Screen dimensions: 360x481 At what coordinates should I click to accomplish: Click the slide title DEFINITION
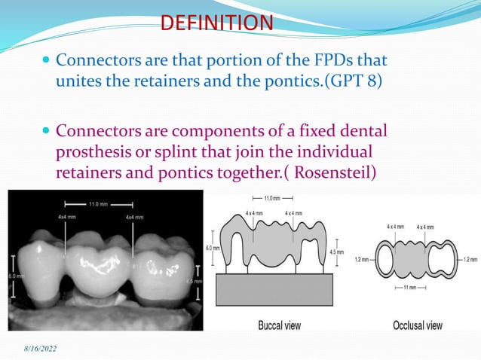click(x=216, y=23)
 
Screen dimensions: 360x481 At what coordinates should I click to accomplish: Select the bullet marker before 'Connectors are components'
click(x=47, y=130)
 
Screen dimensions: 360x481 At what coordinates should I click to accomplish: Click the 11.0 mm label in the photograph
click(x=98, y=203)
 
